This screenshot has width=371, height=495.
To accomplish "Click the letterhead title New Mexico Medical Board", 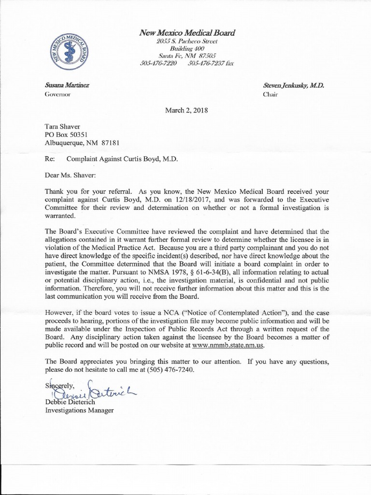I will pos(187,33).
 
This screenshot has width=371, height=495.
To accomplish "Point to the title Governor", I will pos(57,94).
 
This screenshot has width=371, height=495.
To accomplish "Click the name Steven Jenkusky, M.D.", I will pos(294,85).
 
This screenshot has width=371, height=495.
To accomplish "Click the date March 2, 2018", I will pos(187,110).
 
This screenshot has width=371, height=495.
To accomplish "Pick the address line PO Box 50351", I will pos(66,134).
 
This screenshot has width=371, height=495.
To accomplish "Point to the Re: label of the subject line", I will pos(50,158).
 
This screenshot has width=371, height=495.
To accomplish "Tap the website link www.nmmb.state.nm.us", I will pos(228,346).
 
